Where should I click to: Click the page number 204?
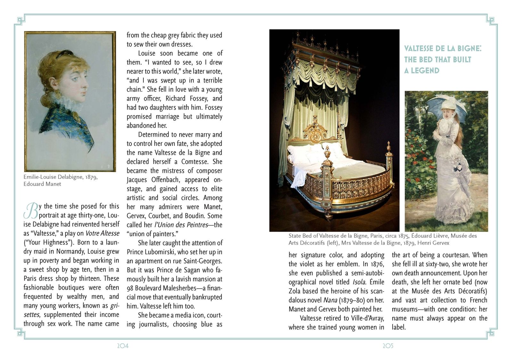pyautogui.click(x=123, y=346)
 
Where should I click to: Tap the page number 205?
pyautogui.click(x=388, y=346)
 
